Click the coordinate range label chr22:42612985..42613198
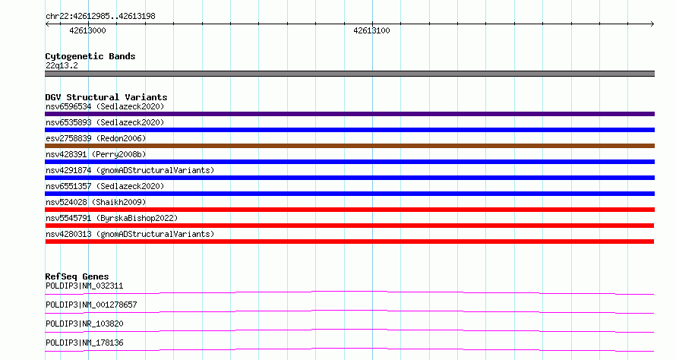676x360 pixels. click(x=100, y=17)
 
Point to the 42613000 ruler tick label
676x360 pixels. click(x=87, y=30)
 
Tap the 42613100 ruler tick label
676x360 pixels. click(x=371, y=30)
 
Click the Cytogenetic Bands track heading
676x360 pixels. click(x=90, y=56)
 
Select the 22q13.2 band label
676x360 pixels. click(x=62, y=65)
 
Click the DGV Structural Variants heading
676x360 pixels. click(x=106, y=97)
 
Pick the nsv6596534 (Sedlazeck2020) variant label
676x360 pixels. click(x=105, y=106)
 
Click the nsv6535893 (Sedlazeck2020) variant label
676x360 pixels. click(x=105, y=122)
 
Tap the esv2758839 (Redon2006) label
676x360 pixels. click(x=96, y=138)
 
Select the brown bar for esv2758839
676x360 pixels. click(x=349, y=146)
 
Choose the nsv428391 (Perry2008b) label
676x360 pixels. click(x=96, y=154)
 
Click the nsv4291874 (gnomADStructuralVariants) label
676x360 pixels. click(x=130, y=170)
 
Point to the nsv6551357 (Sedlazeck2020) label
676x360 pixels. click(x=105, y=186)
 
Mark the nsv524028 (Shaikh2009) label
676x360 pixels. click(x=96, y=202)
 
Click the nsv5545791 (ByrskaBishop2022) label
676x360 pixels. click(x=112, y=218)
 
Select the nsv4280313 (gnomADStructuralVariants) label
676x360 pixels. click(x=130, y=234)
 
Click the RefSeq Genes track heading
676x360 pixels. click(x=77, y=276)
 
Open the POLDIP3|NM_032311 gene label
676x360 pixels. click(x=84, y=286)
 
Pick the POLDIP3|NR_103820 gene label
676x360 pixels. click(x=84, y=324)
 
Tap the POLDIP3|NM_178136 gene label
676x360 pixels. click(x=84, y=343)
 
